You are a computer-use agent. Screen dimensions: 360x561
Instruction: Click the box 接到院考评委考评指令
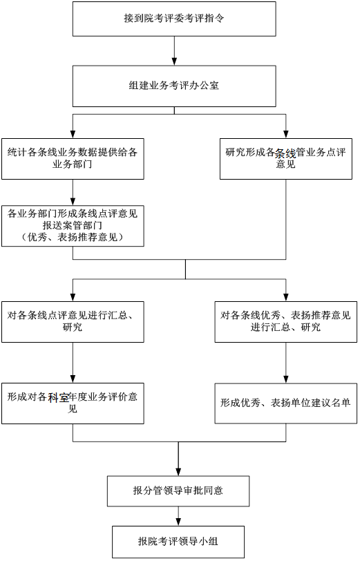(x=174, y=19)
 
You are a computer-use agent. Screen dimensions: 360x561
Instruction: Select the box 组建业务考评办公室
(x=174, y=86)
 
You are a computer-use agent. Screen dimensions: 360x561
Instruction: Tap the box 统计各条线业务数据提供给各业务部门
(x=73, y=159)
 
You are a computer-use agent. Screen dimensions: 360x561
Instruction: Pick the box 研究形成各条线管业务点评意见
(x=286, y=159)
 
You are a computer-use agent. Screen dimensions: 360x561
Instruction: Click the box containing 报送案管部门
(x=73, y=226)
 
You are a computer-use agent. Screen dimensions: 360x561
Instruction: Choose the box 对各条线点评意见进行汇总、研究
(x=73, y=322)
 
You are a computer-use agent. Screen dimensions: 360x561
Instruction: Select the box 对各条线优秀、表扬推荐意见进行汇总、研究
(x=286, y=322)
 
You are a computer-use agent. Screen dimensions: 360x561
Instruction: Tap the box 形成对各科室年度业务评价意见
(x=73, y=403)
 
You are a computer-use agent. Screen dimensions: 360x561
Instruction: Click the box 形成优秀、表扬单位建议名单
(x=286, y=403)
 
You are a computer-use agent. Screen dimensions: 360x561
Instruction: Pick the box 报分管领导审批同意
(x=178, y=491)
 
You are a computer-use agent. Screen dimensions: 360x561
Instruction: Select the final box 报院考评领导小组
(x=178, y=542)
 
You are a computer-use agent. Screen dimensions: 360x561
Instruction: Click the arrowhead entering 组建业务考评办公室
(x=174, y=61)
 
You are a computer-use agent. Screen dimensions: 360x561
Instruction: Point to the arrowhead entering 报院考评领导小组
(x=178, y=522)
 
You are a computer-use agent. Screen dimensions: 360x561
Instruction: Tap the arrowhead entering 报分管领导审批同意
(x=178, y=471)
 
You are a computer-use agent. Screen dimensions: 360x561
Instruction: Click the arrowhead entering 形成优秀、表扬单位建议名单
(x=286, y=379)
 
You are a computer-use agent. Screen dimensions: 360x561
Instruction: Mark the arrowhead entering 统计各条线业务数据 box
(x=73, y=134)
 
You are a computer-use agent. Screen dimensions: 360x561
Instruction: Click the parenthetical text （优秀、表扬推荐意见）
(x=73, y=237)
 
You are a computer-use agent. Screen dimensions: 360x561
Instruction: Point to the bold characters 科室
(x=59, y=397)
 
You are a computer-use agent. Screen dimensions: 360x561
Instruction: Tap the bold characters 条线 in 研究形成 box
(x=285, y=154)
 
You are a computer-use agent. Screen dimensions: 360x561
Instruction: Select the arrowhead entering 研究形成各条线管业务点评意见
(x=286, y=134)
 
